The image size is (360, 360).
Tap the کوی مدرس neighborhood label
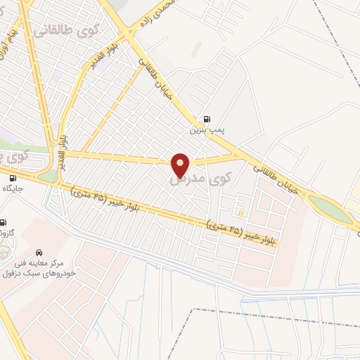tap(201, 179)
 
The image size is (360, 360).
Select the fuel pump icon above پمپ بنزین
tap(205, 119)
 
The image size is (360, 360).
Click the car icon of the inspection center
tap(39, 251)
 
